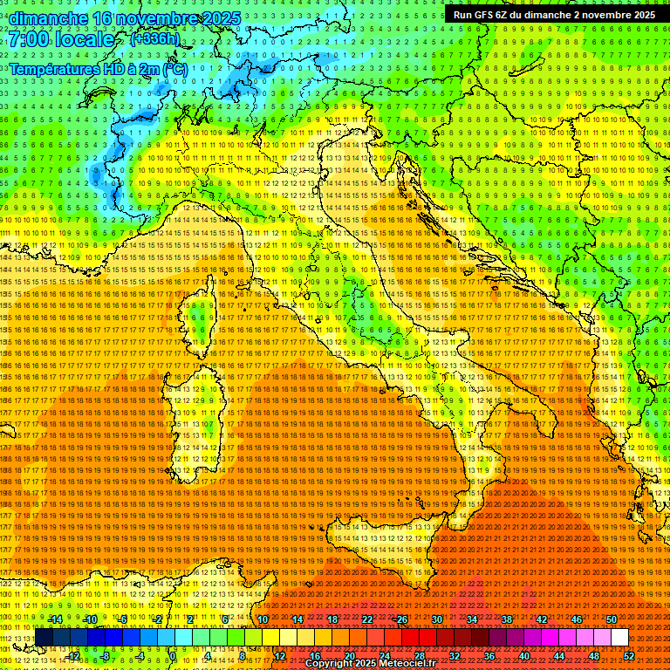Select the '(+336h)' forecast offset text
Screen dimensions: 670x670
click(x=154, y=39)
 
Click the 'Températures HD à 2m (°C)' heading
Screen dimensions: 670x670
click(x=99, y=68)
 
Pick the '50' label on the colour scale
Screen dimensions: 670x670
click(x=611, y=619)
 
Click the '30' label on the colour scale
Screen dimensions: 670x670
click(x=437, y=619)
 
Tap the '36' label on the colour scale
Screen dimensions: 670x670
click(x=489, y=656)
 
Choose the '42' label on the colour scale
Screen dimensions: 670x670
click(x=541, y=619)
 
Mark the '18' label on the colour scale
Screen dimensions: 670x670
click(x=332, y=619)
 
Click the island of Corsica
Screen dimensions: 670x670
click(x=200, y=314)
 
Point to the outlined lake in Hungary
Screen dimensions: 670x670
click(x=528, y=70)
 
